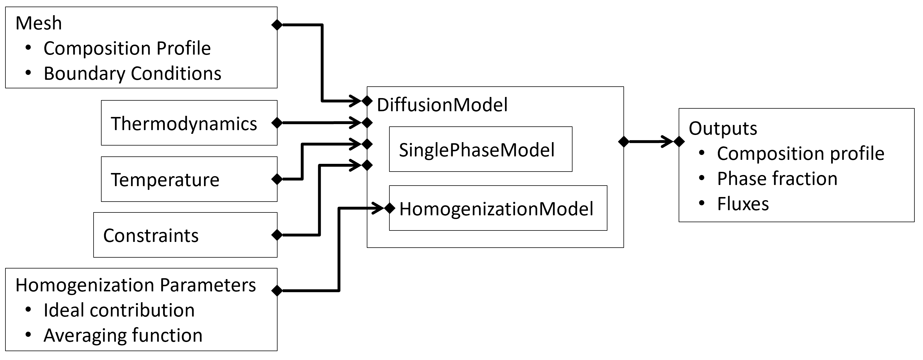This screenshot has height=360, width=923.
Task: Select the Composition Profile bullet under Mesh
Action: [127, 48]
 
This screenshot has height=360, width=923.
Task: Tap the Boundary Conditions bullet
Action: [132, 74]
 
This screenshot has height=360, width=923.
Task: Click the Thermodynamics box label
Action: [184, 124]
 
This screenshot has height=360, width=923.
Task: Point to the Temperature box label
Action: [165, 180]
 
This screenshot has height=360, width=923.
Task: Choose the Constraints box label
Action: [151, 236]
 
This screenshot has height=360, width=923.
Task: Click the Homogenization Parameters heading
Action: [135, 285]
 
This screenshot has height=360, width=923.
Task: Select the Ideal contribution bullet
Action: [119, 311]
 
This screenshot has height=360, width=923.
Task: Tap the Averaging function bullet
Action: [123, 336]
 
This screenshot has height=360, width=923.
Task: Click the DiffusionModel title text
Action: [442, 105]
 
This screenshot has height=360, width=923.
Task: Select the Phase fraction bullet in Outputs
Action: [777, 179]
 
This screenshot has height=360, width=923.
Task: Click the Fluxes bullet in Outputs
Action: [743, 204]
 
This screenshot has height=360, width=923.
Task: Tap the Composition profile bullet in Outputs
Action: [801, 154]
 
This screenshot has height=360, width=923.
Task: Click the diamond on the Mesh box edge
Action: [277, 25]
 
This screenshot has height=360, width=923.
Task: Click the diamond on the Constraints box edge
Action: [277, 235]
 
